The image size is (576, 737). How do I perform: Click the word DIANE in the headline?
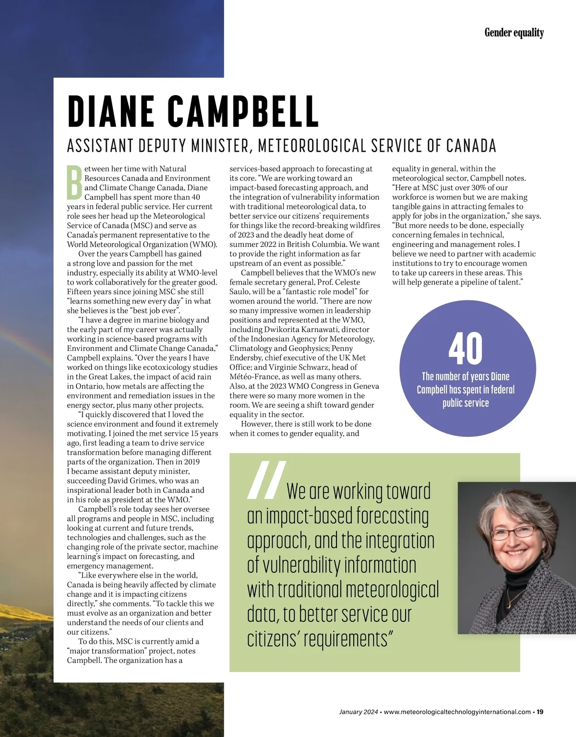pos(111,111)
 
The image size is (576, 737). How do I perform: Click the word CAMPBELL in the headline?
pos(243,111)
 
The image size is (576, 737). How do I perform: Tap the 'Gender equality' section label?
pos(514,33)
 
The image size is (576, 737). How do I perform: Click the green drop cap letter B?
pos(74,182)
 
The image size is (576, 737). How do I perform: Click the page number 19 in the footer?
pos(540,712)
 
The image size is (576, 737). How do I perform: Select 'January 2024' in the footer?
pos(358,712)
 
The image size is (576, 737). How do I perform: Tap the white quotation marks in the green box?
pos(267,480)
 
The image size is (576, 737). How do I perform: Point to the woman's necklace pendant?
pos(508,604)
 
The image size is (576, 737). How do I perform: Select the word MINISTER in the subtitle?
pos(220,145)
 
